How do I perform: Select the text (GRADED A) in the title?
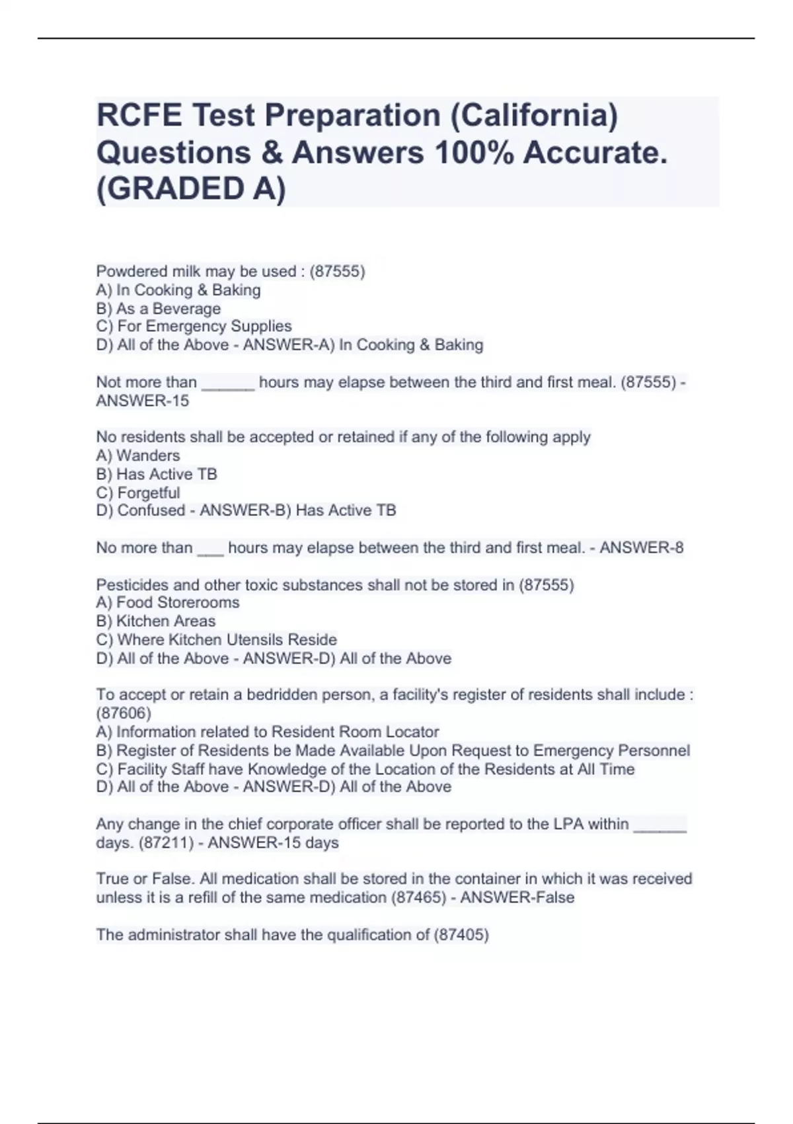[191, 189]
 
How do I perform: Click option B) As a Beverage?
[159, 309]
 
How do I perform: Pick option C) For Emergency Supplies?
[194, 326]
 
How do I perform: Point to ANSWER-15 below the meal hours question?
[143, 401]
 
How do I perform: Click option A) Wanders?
[138, 456]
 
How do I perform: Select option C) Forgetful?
[138, 493]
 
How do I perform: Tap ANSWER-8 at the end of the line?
[641, 547]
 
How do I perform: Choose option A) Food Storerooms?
[168, 602]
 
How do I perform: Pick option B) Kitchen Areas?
[156, 621]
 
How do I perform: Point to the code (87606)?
[124, 713]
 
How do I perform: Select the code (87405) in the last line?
[461, 934]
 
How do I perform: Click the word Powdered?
[130, 272]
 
